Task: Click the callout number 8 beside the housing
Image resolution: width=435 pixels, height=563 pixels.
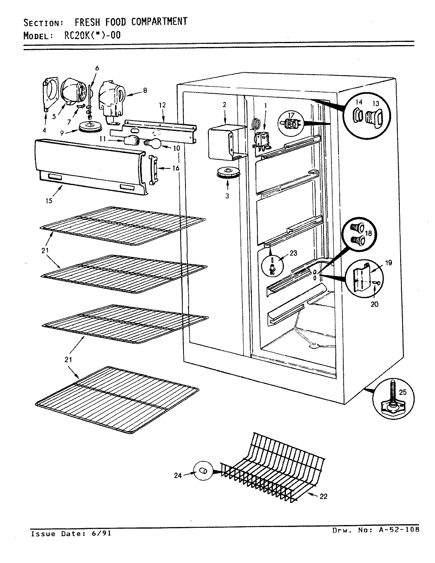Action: (145, 90)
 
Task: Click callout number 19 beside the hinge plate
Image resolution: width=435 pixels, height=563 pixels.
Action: (388, 263)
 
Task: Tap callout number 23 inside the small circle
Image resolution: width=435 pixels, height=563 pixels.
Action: (293, 253)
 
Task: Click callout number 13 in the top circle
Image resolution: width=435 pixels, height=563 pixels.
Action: (376, 102)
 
